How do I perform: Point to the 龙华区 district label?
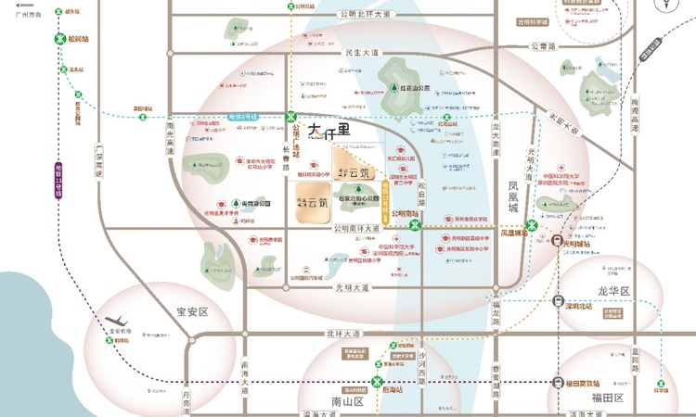pyautogui.click(x=613, y=291)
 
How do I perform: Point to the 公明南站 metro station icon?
pyautogui.click(x=417, y=224)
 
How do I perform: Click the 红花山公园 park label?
pyautogui.click(x=410, y=90)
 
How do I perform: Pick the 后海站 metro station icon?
pyautogui.click(x=378, y=382)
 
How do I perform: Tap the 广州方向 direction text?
pyautogui.click(x=22, y=14)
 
